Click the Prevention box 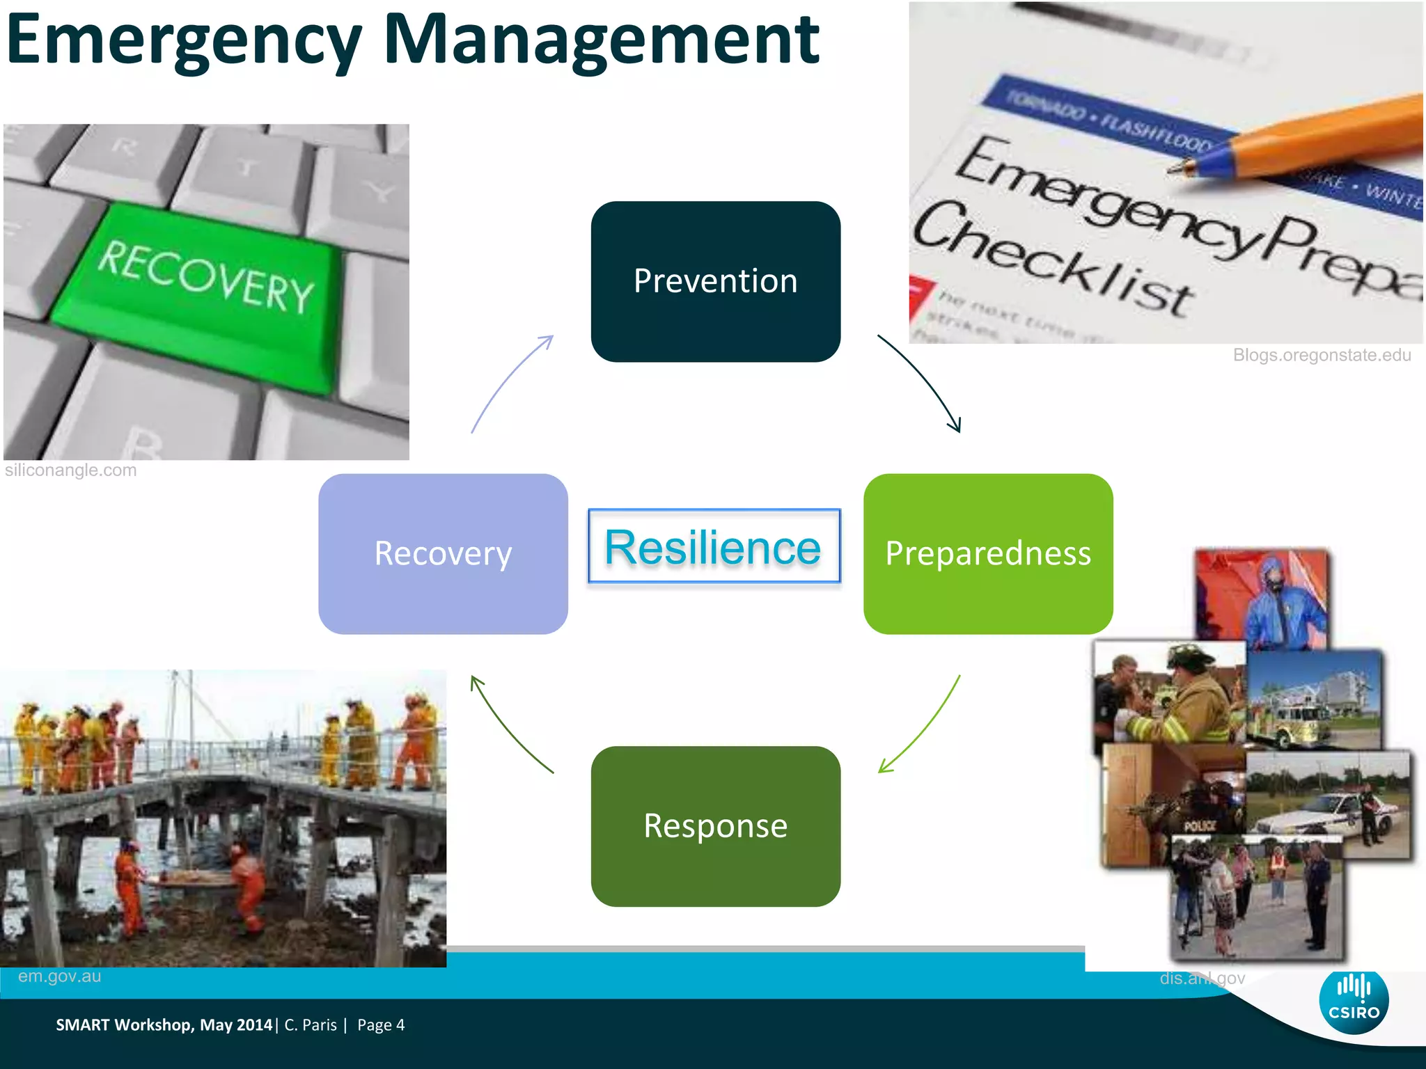(x=715, y=282)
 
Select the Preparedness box (x=987, y=554)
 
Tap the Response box (x=715, y=826)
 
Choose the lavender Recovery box (x=443, y=554)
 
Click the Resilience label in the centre (x=714, y=547)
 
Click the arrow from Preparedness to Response (x=923, y=727)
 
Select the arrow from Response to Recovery (x=508, y=727)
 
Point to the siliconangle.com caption (x=70, y=470)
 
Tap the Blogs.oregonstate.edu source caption (x=1322, y=356)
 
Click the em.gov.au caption (x=59, y=976)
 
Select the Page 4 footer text (x=381, y=1025)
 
